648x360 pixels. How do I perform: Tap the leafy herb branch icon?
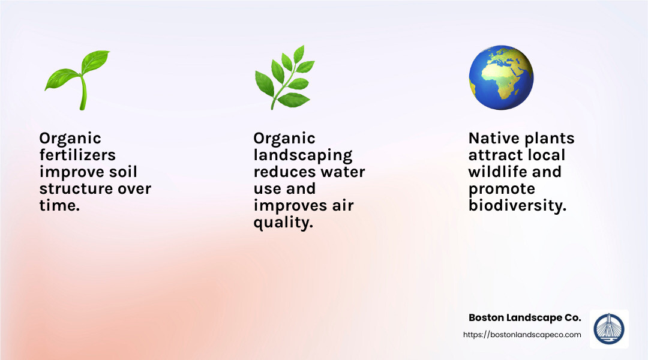284,78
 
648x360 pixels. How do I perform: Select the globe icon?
501,78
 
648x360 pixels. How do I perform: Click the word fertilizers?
77,155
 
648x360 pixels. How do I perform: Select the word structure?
74,189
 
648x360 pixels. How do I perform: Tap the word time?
59,206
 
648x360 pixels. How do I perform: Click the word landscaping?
303,155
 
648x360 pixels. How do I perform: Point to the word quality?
283,223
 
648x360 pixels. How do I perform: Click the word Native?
493,139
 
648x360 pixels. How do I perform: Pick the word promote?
501,189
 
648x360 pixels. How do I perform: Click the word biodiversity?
517,206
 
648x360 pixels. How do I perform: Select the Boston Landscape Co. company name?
524,317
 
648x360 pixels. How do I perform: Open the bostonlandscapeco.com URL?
522,335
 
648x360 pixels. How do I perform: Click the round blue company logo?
609,329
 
